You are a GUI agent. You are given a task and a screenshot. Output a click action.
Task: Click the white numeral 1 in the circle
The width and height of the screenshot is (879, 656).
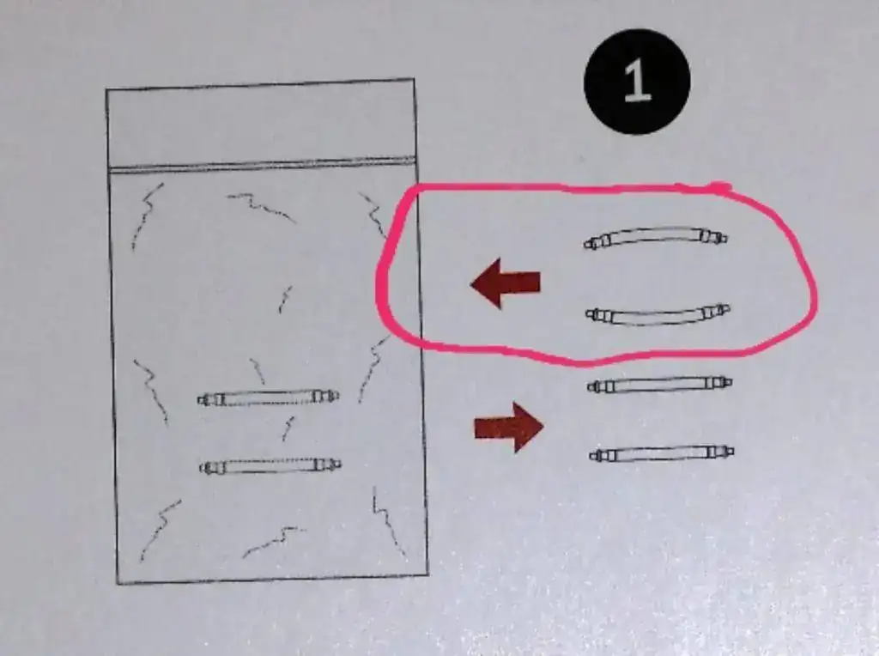click(x=638, y=81)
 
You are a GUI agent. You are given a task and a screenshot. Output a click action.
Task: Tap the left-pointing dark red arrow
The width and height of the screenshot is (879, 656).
click(x=506, y=282)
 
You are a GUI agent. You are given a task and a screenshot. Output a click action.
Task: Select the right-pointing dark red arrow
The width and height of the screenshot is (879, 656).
click(x=508, y=428)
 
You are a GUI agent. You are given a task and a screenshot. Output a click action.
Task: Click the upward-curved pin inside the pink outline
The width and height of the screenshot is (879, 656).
click(x=655, y=235)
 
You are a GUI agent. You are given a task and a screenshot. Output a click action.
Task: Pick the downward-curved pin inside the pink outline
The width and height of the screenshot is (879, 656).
click(x=658, y=318)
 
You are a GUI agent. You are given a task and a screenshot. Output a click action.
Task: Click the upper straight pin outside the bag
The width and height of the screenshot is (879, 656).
click(x=659, y=385)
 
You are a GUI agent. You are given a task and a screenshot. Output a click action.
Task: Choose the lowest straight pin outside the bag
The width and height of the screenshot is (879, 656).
click(x=662, y=453)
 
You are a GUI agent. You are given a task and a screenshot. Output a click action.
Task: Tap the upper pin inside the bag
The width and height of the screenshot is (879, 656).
click(x=268, y=398)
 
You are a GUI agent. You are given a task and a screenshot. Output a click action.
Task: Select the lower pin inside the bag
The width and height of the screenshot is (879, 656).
click(x=270, y=466)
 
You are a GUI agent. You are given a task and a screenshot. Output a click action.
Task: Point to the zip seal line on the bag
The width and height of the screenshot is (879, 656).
click(x=262, y=165)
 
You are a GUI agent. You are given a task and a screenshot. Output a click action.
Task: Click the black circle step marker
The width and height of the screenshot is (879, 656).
click(x=637, y=82)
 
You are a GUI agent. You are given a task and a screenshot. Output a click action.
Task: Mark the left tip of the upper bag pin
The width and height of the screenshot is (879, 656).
click(x=198, y=400)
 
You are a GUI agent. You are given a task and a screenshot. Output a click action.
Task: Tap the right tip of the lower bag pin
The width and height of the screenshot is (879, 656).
click(x=341, y=464)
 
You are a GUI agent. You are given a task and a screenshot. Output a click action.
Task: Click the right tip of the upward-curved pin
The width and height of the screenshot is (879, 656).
click(x=727, y=239)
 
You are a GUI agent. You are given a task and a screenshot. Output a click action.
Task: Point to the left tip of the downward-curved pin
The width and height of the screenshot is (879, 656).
click(x=586, y=314)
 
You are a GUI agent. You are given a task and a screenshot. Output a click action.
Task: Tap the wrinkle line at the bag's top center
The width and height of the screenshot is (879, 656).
click(x=261, y=206)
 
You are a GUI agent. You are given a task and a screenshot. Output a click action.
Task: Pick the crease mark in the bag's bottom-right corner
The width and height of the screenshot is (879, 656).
click(x=389, y=521)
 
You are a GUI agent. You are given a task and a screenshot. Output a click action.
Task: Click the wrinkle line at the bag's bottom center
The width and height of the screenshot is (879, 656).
click(x=274, y=541)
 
